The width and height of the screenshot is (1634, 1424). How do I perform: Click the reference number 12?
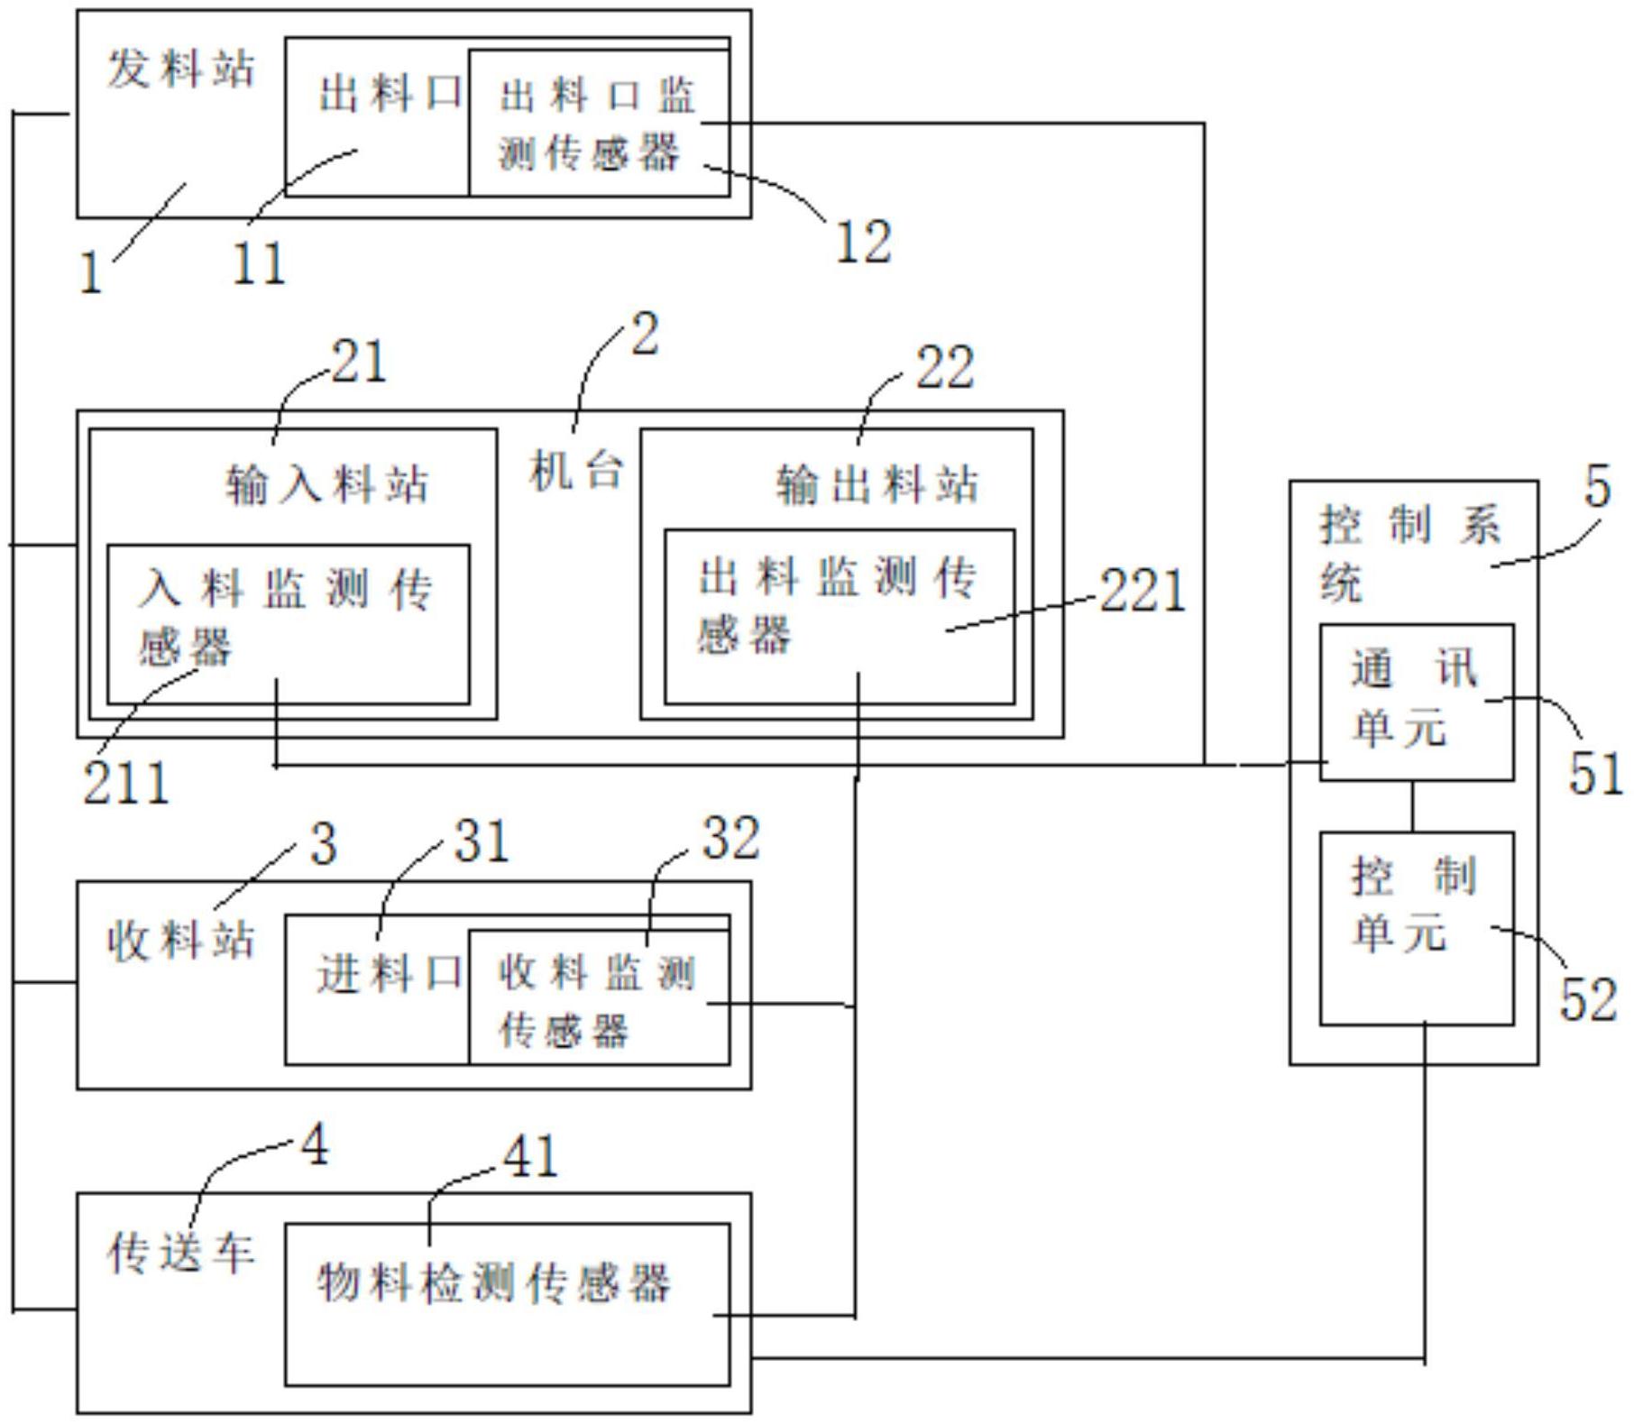tap(863, 242)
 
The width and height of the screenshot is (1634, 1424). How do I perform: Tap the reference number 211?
tap(126, 782)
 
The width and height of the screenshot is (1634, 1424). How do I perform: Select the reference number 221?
tap(1142, 592)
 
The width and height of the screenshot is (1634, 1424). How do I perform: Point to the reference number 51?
tap(1595, 774)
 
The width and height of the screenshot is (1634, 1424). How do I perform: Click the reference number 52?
tap(1589, 1000)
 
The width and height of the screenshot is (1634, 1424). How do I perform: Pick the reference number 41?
tap(530, 1156)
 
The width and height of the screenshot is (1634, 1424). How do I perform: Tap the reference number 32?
tap(730, 838)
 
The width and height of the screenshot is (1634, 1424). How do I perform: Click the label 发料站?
tap(181, 69)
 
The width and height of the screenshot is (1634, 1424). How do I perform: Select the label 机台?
tap(576, 470)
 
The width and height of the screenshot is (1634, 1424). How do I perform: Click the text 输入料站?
tap(326, 484)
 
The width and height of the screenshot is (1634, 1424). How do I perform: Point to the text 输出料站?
tap(877, 484)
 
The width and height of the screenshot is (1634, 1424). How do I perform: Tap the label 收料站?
tap(181, 942)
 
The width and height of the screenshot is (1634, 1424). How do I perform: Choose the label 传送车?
tap(181, 1254)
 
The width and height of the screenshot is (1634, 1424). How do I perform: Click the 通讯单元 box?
tap(1416, 702)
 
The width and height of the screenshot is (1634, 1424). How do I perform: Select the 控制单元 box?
tap(1416, 927)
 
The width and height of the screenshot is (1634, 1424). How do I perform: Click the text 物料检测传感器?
tap(494, 1282)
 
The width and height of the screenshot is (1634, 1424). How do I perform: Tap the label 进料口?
tap(390, 975)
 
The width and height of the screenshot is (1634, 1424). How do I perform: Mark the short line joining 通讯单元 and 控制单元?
tap(1413, 806)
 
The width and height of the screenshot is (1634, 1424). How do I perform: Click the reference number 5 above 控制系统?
tap(1597, 488)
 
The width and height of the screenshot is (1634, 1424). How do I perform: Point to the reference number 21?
tap(359, 363)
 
